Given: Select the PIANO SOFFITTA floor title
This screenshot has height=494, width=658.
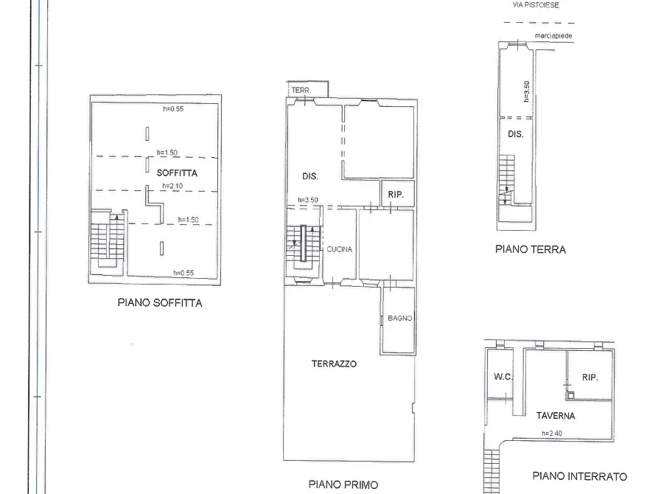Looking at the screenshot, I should tap(159, 302).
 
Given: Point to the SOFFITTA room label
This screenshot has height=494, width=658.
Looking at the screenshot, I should tap(177, 172).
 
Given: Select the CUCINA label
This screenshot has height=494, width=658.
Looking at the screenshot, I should tap(340, 249).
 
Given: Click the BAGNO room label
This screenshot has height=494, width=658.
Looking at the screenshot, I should tap(399, 319).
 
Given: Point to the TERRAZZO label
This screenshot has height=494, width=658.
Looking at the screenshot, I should tap(334, 363).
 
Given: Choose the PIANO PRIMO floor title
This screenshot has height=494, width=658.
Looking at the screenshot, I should tap(343, 484).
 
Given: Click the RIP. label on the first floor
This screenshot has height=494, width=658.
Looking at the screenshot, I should tap(397, 195).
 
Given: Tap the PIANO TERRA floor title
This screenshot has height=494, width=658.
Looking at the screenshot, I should tap(531, 250).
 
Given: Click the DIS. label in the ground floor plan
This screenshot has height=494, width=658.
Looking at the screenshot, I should tap(516, 134).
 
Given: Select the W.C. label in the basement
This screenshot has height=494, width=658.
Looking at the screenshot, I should tap(503, 377).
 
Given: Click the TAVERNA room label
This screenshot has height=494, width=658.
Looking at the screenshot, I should tap(556, 415).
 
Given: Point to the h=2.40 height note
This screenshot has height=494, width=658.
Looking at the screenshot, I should tap(552, 433).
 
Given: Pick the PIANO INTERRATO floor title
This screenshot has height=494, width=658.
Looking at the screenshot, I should tap(579, 476).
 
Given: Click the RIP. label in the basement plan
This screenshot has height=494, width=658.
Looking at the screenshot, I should tap(589, 377).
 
